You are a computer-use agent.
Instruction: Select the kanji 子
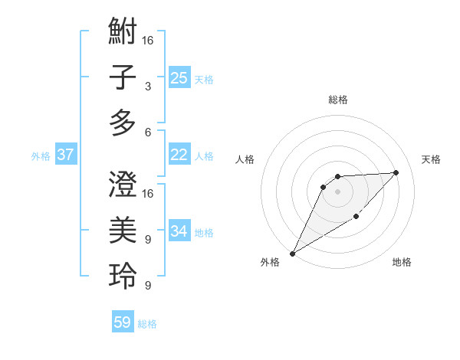coord(123,77)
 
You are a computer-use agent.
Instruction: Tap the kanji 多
coord(123,122)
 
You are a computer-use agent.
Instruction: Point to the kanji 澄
coord(123,183)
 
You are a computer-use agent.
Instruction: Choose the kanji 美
coord(123,229)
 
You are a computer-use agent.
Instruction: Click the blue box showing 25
coord(179,77)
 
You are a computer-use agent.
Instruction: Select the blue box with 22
coord(179,155)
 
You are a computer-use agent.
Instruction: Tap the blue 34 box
coord(179,231)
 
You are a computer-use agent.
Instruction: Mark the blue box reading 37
coord(66,155)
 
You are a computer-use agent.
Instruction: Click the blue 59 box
coord(123,322)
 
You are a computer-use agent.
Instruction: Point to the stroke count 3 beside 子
coord(147,87)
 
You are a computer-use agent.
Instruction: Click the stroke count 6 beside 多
coord(147,132)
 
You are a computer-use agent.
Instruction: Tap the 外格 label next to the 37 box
coord(41,156)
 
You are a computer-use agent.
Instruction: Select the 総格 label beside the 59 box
coord(147,324)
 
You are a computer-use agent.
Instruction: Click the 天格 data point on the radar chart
coord(396,172)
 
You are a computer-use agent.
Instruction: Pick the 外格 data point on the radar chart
coord(292,253)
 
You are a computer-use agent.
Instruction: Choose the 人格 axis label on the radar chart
coord(245,159)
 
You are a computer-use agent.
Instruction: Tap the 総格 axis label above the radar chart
coord(337,100)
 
